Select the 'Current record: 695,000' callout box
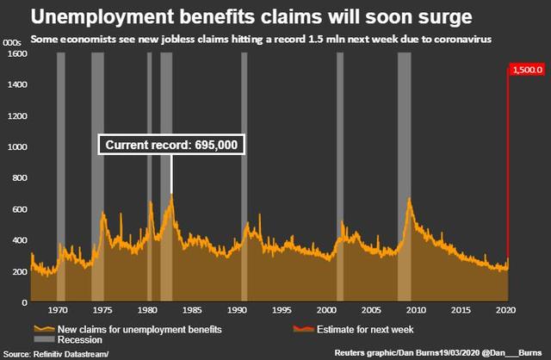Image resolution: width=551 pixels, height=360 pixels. (170, 146)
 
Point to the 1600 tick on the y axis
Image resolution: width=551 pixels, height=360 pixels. (15, 53)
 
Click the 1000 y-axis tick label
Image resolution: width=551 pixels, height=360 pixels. (15, 147)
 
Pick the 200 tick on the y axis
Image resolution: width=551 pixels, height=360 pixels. (17, 271)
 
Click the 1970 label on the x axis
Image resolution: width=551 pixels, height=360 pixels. (59, 310)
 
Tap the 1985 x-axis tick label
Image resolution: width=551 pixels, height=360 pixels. (192, 310)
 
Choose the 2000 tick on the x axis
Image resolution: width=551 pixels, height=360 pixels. (326, 310)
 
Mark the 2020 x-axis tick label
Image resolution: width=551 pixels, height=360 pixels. (505, 310)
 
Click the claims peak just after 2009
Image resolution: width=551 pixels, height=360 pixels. (409, 200)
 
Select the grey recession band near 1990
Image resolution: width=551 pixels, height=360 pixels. (244, 172)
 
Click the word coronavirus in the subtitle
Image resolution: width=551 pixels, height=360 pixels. (466, 39)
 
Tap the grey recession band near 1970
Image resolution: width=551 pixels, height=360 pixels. (60, 172)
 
